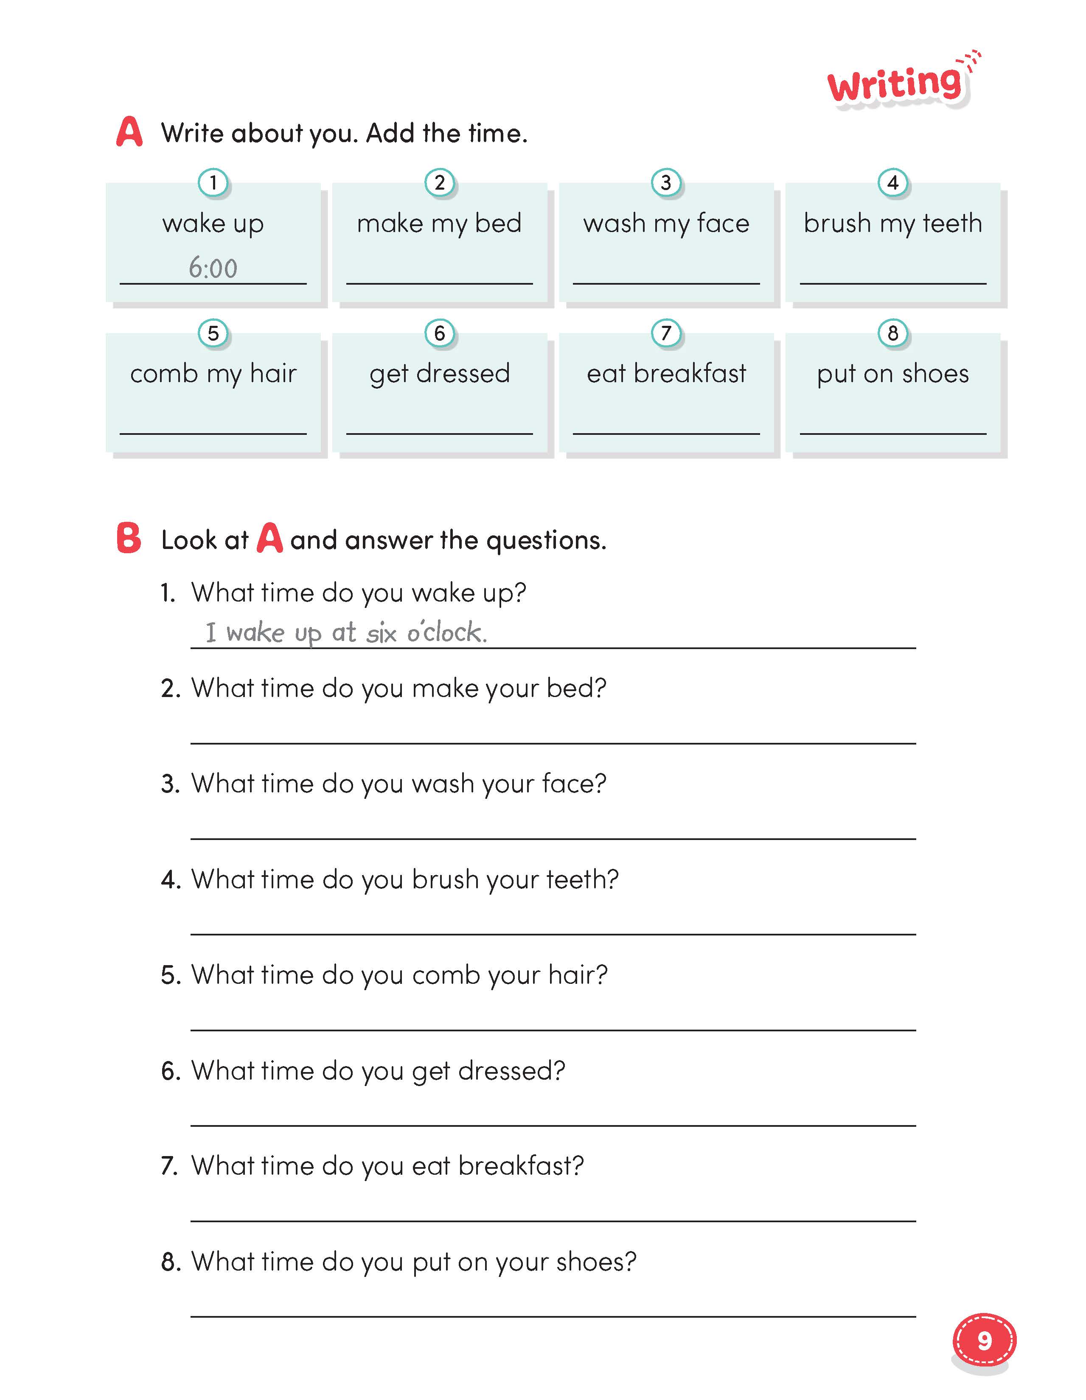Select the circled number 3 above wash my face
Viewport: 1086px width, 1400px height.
(x=666, y=183)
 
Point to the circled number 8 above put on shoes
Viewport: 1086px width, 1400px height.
(x=892, y=333)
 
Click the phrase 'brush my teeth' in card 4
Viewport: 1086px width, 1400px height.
(x=892, y=224)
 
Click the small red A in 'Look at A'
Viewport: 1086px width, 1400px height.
(x=269, y=538)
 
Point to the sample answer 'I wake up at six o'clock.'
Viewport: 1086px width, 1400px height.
(x=346, y=633)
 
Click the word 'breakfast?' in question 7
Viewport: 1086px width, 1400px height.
(x=521, y=1166)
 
